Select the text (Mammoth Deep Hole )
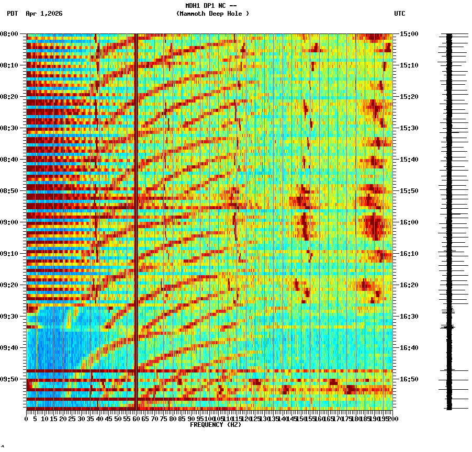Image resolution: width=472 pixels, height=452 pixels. coord(212,14)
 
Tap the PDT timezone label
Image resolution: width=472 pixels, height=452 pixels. coord(13,14)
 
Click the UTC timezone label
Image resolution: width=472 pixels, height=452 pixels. coord(399,14)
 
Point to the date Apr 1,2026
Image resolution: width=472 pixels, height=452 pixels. coord(44,14)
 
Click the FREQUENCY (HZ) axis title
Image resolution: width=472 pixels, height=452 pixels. coord(215,425)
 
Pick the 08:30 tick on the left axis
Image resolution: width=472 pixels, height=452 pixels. coord(9,128)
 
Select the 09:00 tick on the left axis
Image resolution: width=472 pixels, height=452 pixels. coord(9,222)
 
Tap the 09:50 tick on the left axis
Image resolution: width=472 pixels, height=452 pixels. coord(9,379)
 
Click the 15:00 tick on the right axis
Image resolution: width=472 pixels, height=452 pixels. coord(409,34)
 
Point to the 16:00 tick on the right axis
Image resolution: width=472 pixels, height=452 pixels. coord(409,222)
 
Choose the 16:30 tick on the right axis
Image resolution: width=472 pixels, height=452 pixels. coord(409,317)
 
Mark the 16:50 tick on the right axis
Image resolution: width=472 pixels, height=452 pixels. coord(409,379)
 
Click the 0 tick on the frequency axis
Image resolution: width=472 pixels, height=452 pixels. coord(27,419)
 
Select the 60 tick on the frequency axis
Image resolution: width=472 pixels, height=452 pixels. coord(137,419)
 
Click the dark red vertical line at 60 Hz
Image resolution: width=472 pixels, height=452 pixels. coord(136,209)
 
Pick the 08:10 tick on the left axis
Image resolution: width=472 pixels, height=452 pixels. coord(9,65)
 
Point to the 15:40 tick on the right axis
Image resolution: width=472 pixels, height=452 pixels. coord(409,160)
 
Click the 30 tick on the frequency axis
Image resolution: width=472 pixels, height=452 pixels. coord(82,419)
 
